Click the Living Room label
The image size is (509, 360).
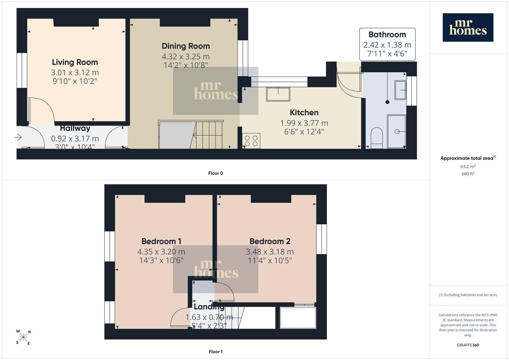point(75,62)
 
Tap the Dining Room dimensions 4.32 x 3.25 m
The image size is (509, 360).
point(186,56)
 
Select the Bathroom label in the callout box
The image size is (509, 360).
point(387,35)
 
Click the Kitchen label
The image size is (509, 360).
point(304,112)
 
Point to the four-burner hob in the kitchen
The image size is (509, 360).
point(251,141)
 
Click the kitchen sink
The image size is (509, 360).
point(278,94)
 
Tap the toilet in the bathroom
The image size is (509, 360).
point(377,138)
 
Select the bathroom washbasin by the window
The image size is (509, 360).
point(400,90)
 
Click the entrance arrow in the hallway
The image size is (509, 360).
point(18,137)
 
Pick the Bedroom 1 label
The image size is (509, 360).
point(161,241)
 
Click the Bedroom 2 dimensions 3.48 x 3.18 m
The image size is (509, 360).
point(270,252)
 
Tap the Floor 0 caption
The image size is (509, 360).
point(215,173)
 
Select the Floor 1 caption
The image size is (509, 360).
point(215,352)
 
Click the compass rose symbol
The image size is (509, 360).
point(23,337)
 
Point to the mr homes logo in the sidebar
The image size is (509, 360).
point(468,28)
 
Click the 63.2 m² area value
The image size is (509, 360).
point(468,167)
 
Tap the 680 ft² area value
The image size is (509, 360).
point(468,174)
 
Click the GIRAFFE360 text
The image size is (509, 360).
point(468,345)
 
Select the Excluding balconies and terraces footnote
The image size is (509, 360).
point(468,295)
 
